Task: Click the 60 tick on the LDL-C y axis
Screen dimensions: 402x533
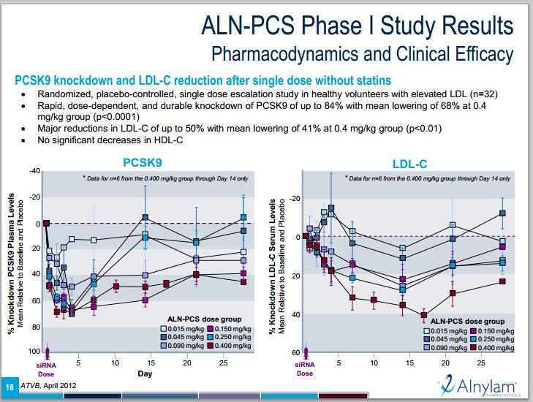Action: pyautogui.click(x=295, y=353)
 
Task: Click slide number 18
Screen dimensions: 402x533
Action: pyautogui.click(x=9, y=386)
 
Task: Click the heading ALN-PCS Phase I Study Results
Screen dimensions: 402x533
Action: pyautogui.click(x=358, y=28)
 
